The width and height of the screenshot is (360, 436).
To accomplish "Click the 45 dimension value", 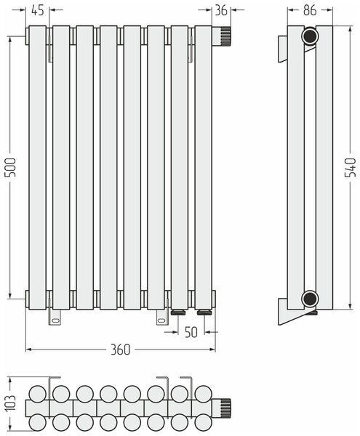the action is click(38, 10).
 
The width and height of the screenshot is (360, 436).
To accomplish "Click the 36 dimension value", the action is click(221, 10).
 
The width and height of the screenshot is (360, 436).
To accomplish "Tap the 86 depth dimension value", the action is click(310, 10).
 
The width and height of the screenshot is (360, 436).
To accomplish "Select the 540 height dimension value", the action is click(351, 167).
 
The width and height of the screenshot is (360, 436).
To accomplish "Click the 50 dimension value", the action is click(191, 332).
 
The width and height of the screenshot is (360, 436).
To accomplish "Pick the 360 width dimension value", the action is click(121, 350).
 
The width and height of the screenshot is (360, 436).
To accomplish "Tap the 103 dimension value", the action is click(12, 403).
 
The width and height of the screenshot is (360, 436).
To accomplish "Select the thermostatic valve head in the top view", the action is click(222, 408).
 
